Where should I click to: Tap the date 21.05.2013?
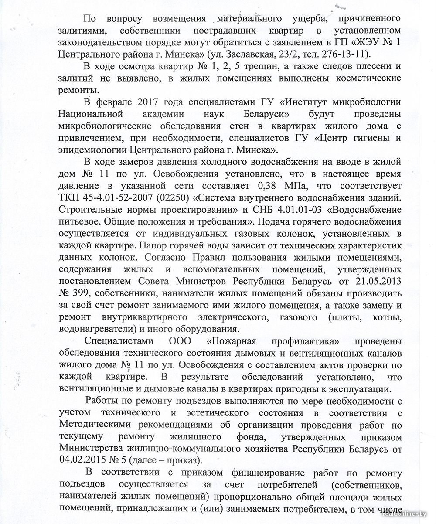(378, 279)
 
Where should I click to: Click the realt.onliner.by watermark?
(406, 519)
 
